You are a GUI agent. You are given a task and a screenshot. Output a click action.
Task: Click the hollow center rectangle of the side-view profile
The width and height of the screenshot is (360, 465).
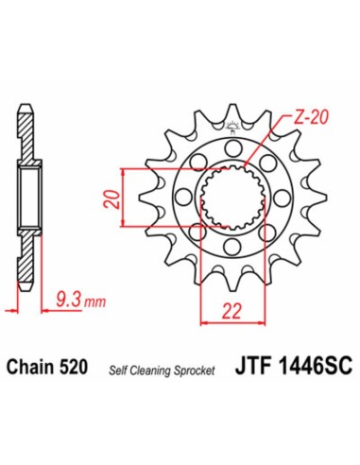[x=29, y=199]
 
